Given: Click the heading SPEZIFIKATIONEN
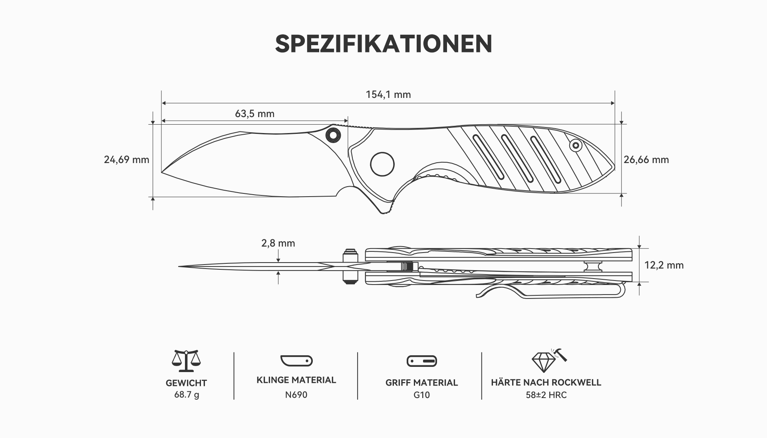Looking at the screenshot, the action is coord(383,44).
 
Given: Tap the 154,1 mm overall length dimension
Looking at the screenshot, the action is coord(388,95).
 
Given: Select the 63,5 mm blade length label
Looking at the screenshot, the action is coord(254,114).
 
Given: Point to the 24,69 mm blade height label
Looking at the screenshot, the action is coord(126,160).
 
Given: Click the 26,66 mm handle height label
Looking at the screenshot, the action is coord(646,160).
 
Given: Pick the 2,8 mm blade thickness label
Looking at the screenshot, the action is coord(278,243).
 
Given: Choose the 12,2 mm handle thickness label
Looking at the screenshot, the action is coord(664,265).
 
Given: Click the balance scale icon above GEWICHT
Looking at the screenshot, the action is coord(186,361).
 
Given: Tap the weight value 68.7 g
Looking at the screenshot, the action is coord(186,395).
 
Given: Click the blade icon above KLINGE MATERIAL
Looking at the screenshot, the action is coord(296,360).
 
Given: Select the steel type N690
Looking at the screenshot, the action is coord(296,395).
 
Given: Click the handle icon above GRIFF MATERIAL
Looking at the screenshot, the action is coord(421,361).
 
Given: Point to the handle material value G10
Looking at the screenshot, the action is coord(421,395).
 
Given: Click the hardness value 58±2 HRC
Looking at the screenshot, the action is coord(546,395).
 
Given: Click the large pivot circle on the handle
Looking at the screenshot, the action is coord(382,164).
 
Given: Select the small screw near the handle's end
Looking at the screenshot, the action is coord(576,145).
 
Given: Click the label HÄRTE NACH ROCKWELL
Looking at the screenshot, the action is coord(546,382).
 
